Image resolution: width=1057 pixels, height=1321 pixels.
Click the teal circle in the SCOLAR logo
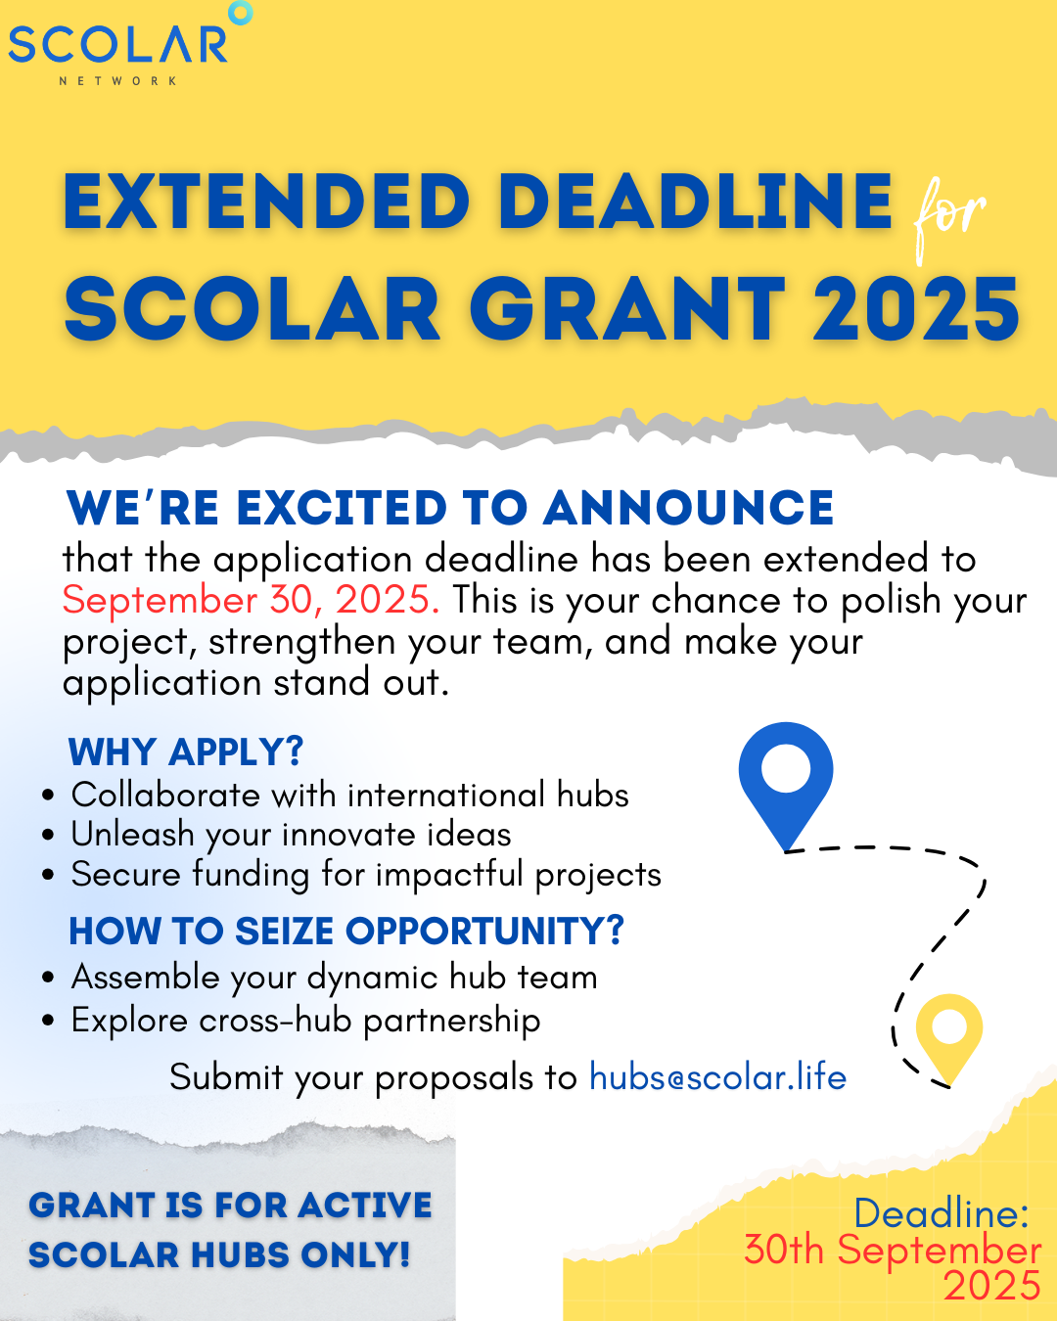240,13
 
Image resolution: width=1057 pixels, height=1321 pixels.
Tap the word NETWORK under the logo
118,81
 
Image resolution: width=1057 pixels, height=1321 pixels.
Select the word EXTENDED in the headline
266,202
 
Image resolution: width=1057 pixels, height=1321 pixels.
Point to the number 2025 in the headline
916,308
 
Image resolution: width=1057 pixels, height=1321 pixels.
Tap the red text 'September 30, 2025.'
251,600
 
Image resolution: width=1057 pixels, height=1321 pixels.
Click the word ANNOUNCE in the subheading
688,508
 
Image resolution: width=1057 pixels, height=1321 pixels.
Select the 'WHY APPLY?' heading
186,752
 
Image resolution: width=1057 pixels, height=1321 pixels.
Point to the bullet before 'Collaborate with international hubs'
49,796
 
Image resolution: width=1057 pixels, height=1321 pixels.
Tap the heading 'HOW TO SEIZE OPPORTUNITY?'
346,932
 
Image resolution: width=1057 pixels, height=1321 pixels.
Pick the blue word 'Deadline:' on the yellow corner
942,1213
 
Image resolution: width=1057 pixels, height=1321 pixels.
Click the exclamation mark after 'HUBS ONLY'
403,1254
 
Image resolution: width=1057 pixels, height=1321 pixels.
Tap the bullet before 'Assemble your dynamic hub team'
49,979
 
